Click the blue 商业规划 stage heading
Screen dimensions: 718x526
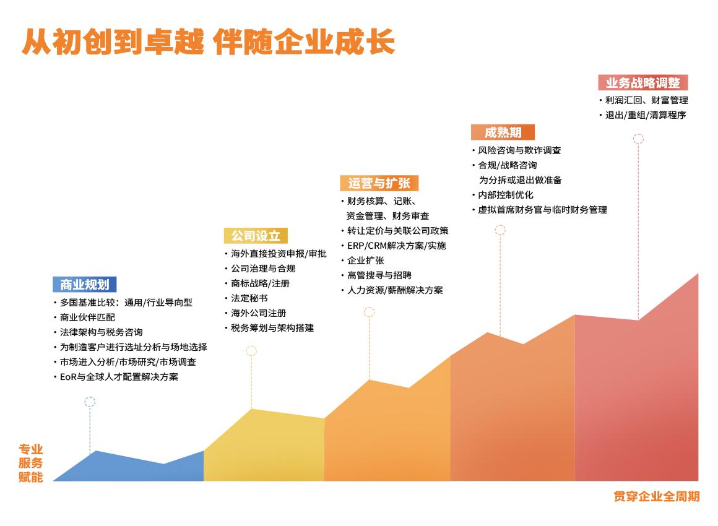pos(85,284)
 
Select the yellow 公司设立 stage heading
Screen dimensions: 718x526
pos(256,236)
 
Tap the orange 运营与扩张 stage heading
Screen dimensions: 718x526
pos(379,183)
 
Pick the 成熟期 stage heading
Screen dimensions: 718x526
pos(503,132)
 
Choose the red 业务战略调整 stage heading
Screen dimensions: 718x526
pos(643,82)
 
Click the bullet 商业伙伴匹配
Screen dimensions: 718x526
pos(87,317)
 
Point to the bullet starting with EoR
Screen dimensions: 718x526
pos(119,377)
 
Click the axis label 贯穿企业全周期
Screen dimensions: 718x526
pos(657,496)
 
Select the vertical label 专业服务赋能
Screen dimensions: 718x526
pos(31,463)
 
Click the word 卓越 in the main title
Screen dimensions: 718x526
pos(174,42)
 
